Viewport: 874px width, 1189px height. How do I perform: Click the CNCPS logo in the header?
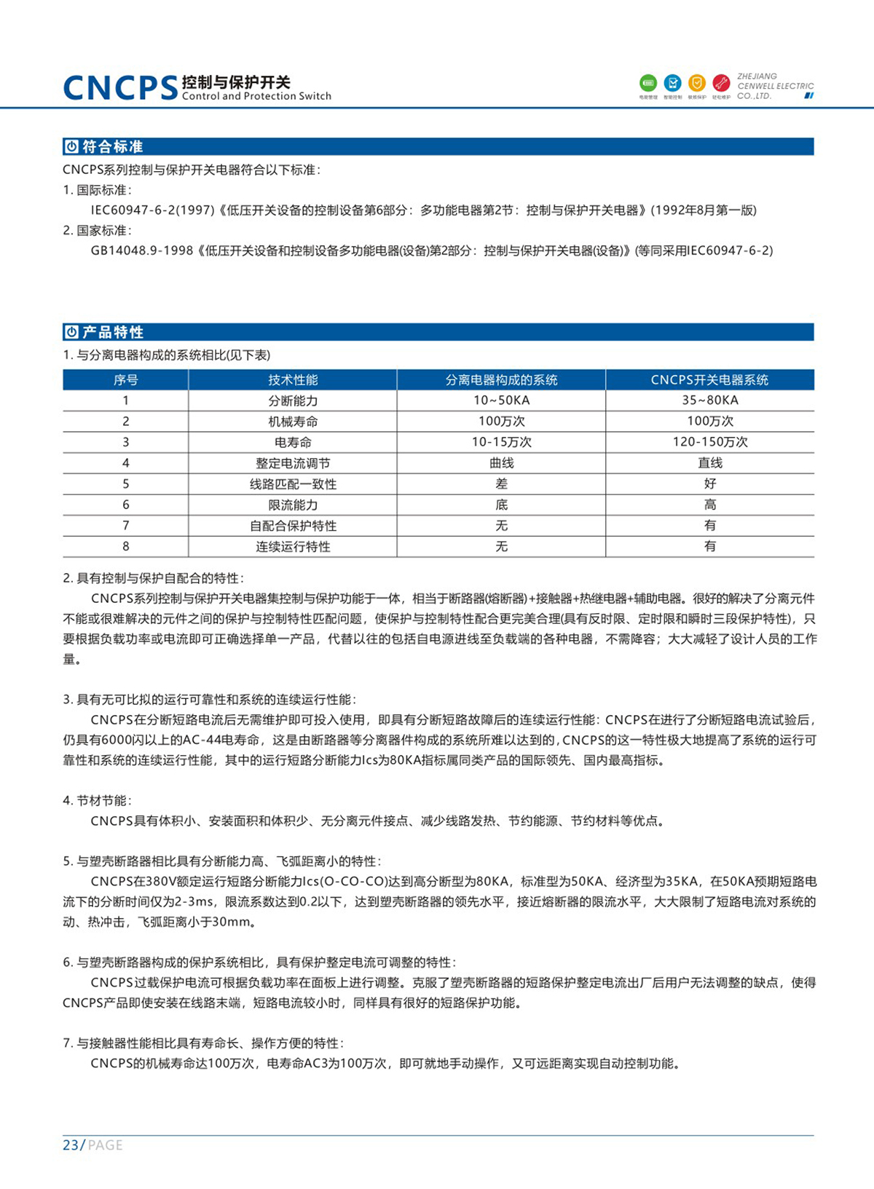pos(120,87)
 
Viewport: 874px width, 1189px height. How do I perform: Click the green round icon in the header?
pos(647,83)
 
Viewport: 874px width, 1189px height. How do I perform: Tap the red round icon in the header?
pos(721,83)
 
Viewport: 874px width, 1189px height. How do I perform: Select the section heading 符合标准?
pos(112,147)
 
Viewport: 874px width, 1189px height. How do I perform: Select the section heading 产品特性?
pos(113,333)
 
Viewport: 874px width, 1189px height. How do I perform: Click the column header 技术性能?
pos(293,380)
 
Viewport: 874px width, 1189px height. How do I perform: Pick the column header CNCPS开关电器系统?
pos(709,380)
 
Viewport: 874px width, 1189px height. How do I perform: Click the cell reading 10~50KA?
pos(501,400)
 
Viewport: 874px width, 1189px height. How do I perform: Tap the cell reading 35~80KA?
pos(709,400)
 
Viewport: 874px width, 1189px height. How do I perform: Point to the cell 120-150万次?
pos(709,442)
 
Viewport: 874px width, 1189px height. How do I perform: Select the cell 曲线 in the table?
pos(501,463)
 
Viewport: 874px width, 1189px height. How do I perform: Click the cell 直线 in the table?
pos(709,463)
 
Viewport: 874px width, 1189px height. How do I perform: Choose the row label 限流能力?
pos(293,505)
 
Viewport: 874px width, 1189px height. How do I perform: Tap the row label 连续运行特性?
pos(293,547)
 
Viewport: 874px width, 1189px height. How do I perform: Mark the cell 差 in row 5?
pos(501,483)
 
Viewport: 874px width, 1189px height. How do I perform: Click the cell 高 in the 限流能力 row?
pos(709,505)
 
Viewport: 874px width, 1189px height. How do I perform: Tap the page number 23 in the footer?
pos(71,1145)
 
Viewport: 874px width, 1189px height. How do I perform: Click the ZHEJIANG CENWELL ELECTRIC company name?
pos(775,86)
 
